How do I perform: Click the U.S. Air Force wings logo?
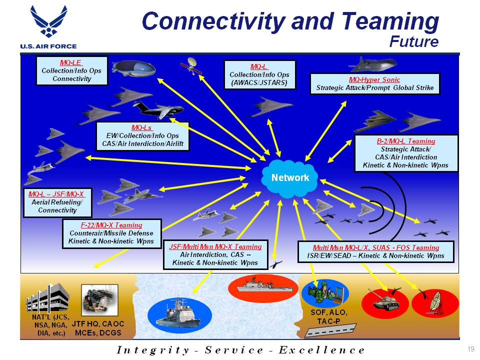[x=48, y=21]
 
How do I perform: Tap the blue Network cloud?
[x=289, y=178]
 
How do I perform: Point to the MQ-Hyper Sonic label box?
[x=374, y=83]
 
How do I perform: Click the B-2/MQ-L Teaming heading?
[x=405, y=141]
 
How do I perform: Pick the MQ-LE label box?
[x=71, y=70]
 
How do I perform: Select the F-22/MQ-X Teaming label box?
[x=111, y=233]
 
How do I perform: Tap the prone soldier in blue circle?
[x=321, y=291]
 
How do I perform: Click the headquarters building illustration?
[x=48, y=298]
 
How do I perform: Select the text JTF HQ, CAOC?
[x=98, y=324]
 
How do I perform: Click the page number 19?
[x=470, y=348]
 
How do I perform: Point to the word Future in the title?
[x=414, y=41]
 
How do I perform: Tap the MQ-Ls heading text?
[x=141, y=127]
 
